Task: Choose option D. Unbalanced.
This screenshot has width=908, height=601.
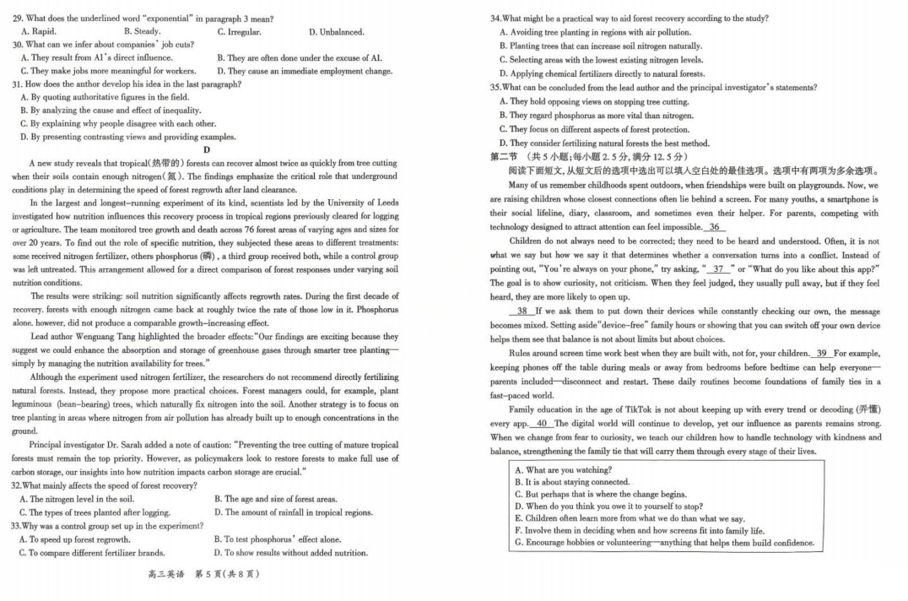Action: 337,32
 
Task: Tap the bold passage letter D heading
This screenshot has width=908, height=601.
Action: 206,149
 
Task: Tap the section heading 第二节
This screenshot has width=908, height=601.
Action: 505,157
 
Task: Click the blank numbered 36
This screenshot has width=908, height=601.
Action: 715,227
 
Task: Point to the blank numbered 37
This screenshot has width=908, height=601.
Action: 719,268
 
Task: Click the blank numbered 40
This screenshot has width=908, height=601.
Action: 541,423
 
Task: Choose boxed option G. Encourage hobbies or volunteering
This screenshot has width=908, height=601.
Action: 664,543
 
